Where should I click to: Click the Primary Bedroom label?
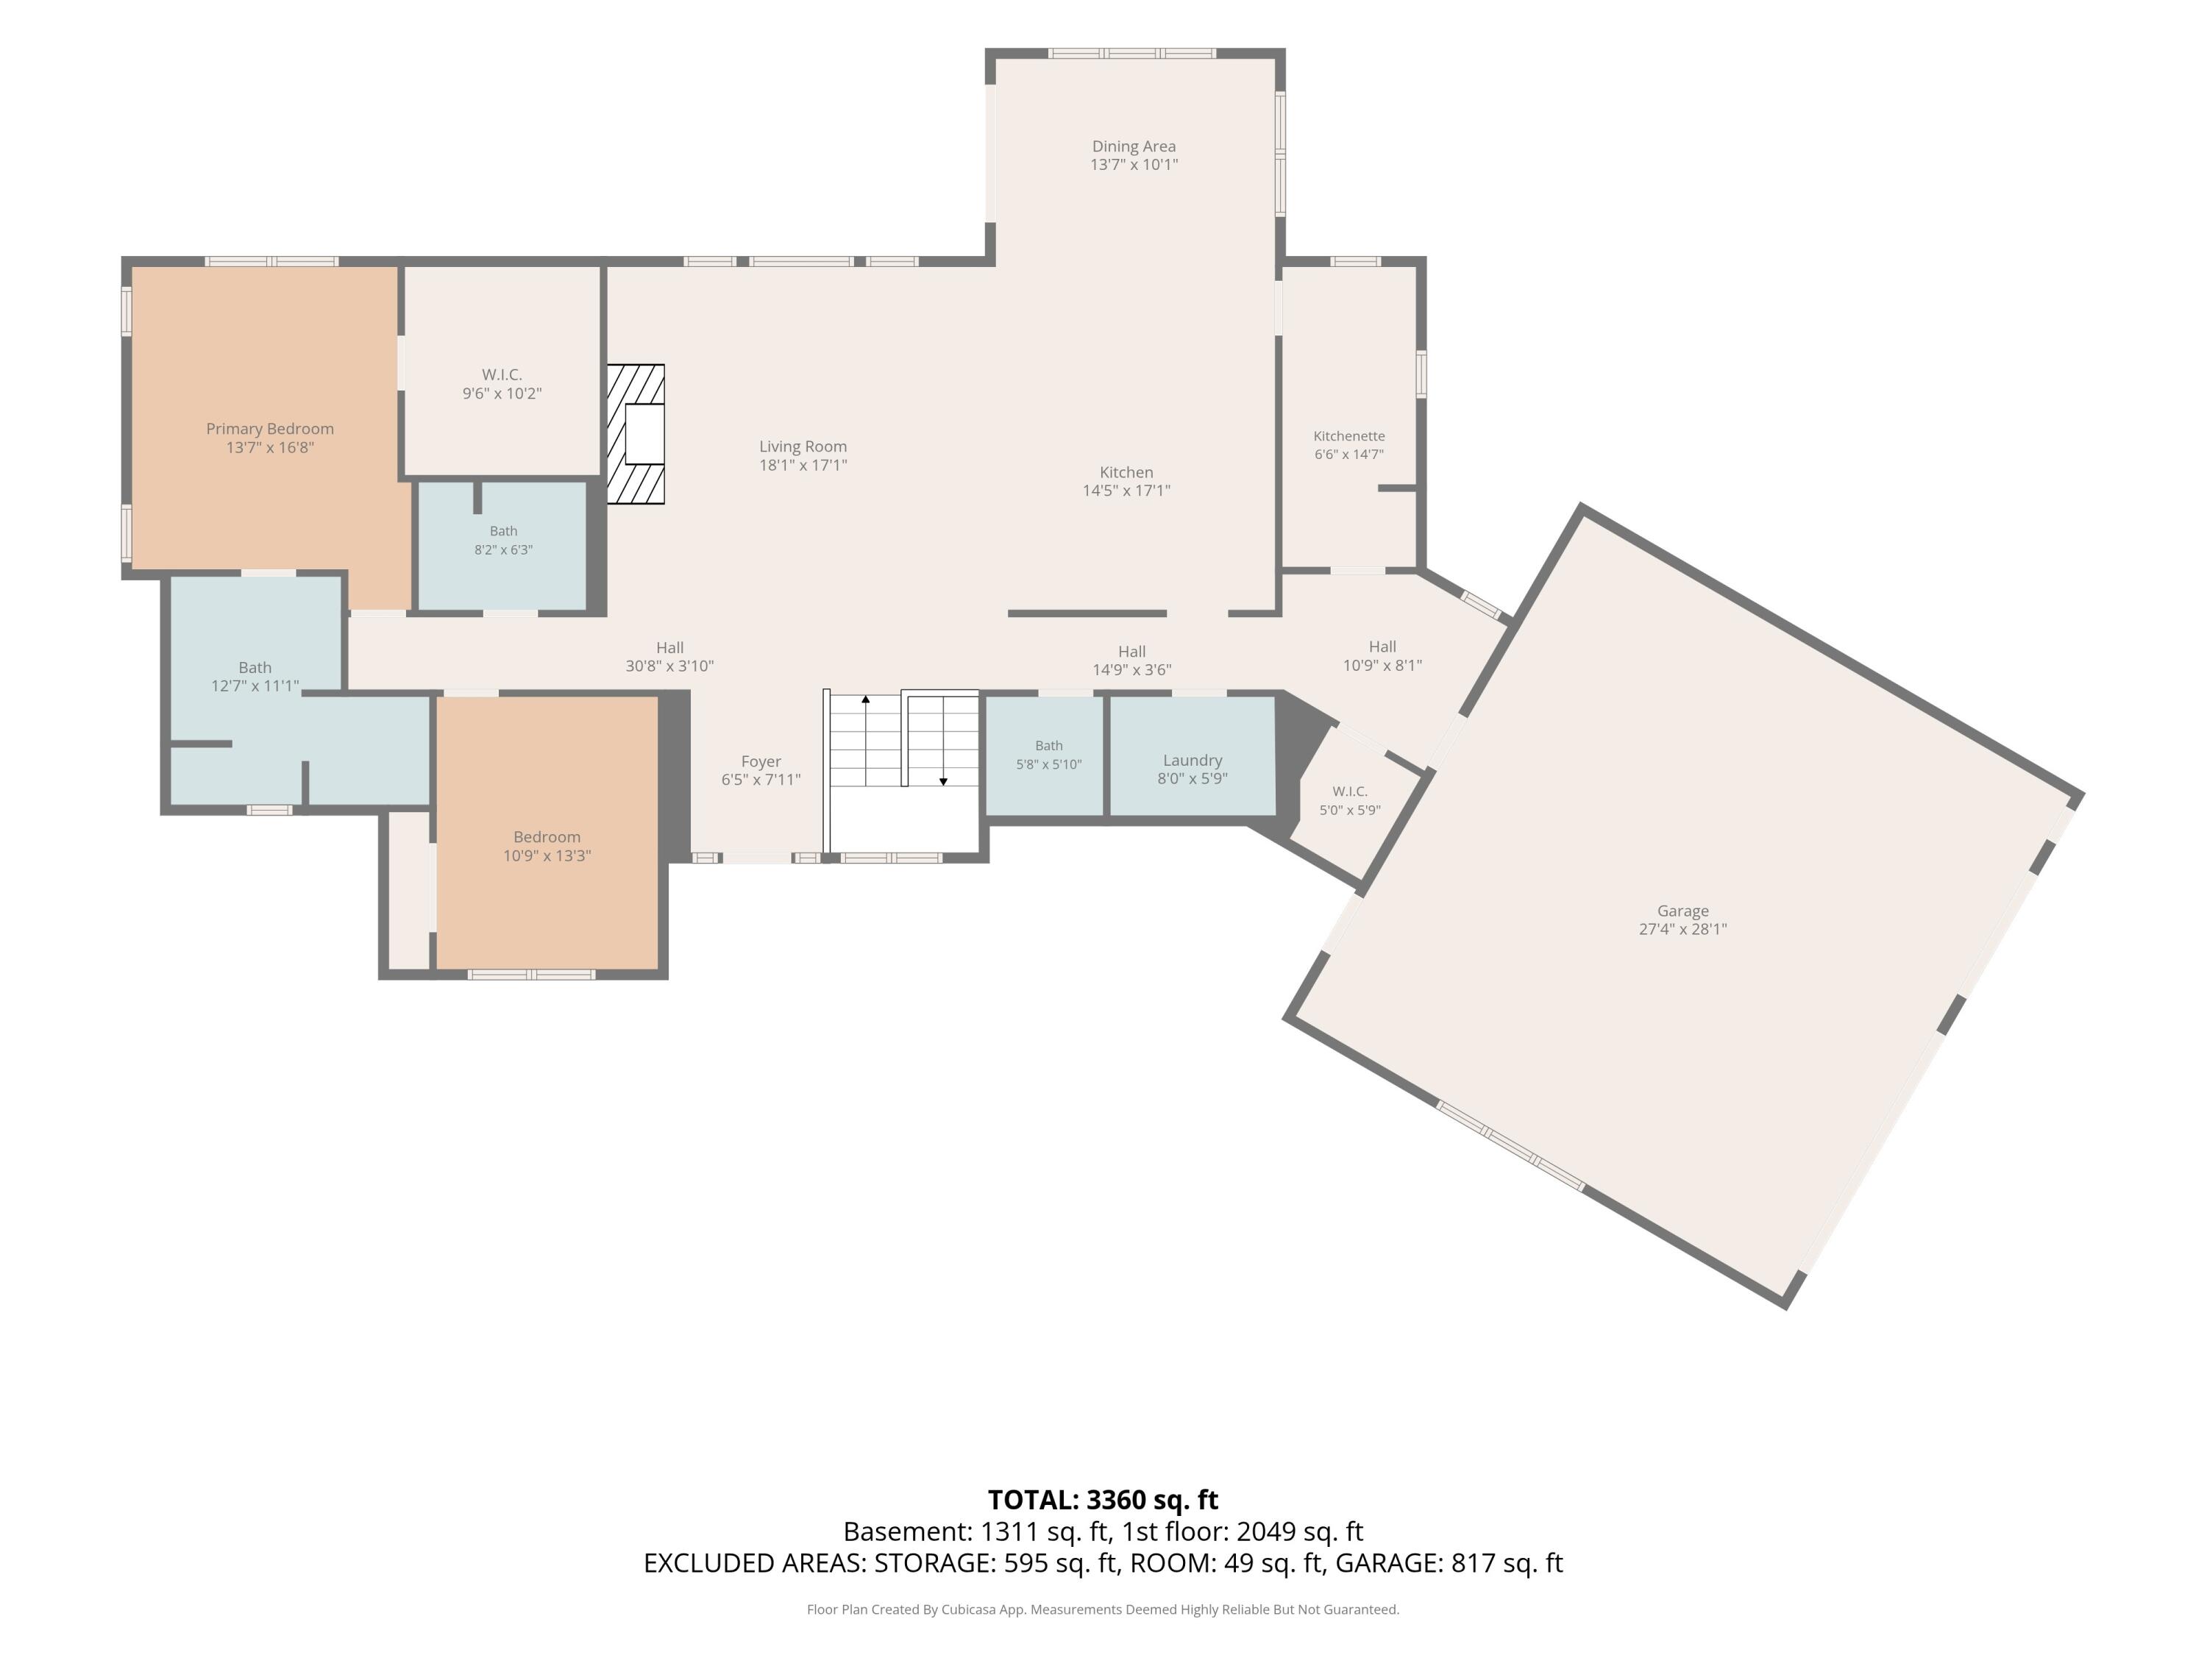pyautogui.click(x=269, y=429)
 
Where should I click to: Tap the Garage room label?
pyautogui.click(x=1682, y=911)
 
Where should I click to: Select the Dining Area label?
pyautogui.click(x=1134, y=146)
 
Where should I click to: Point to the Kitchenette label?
pyautogui.click(x=1349, y=436)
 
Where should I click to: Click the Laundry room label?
pyautogui.click(x=1193, y=760)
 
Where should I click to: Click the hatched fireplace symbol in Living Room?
pyautogui.click(x=636, y=434)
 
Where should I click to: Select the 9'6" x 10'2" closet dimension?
pyautogui.click(x=502, y=393)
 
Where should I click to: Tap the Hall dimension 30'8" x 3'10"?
pyautogui.click(x=669, y=666)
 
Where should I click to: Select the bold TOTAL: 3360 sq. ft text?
pyautogui.click(x=1103, y=1499)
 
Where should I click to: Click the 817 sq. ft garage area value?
pyautogui.click(x=1507, y=1562)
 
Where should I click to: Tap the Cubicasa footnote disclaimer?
pyautogui.click(x=1103, y=1609)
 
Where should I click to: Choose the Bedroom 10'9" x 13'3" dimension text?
pyautogui.click(x=547, y=856)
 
